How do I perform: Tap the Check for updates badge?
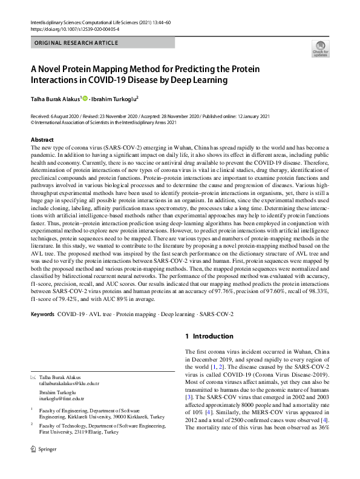(319, 48)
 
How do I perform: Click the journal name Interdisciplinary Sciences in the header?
(55, 21)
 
